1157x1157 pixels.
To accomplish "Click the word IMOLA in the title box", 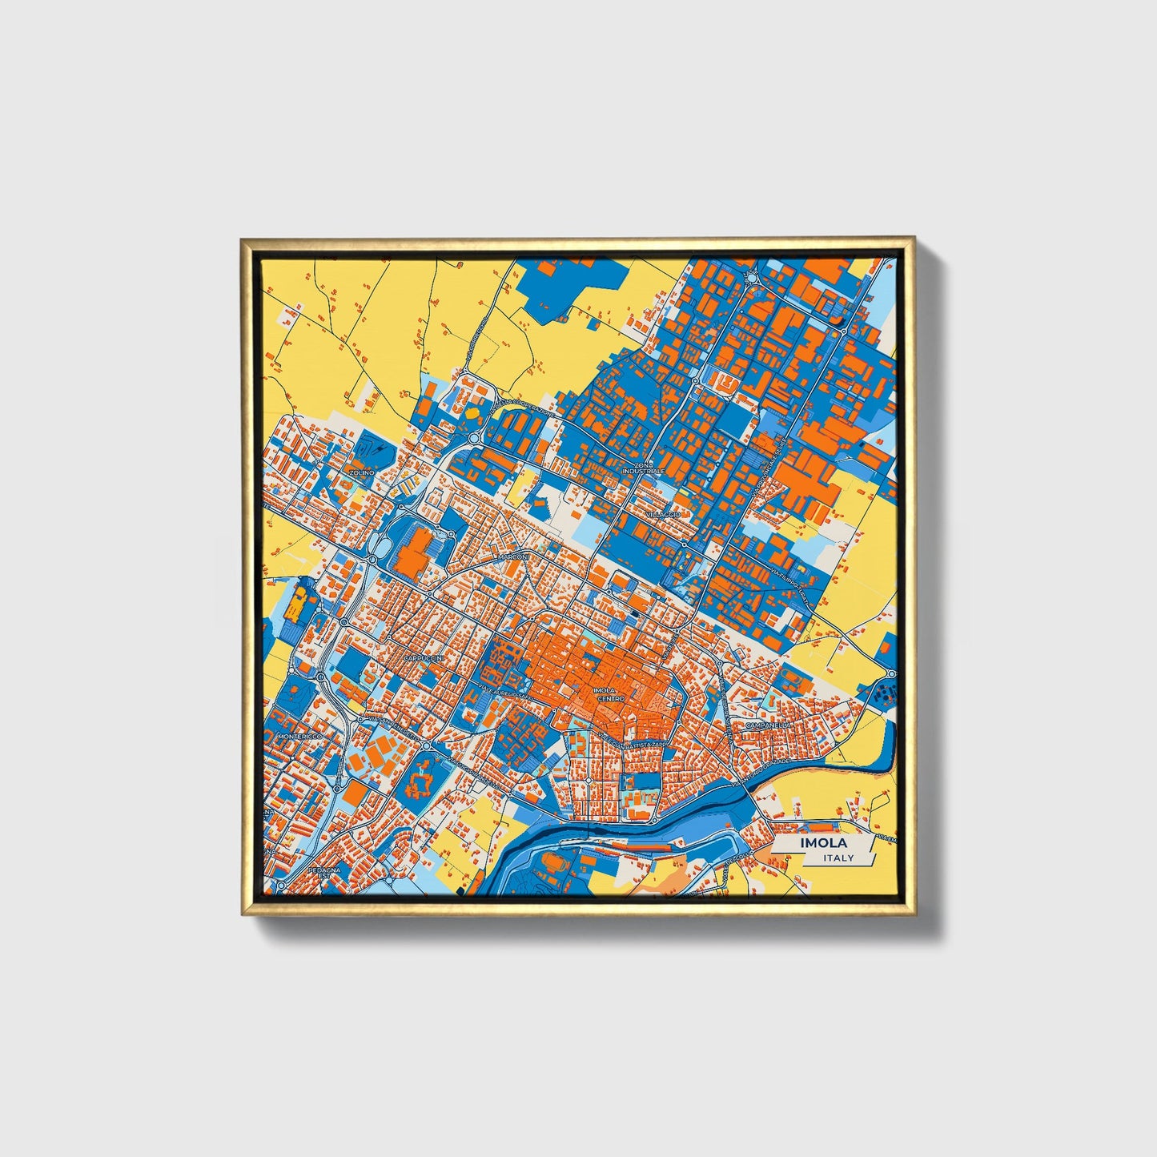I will tap(821, 844).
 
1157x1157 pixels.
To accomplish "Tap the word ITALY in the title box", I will tap(838, 858).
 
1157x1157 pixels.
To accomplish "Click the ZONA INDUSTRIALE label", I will tap(649, 468).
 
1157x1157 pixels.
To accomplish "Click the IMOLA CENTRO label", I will tap(610, 694).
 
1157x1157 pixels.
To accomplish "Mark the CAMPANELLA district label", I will tap(767, 725).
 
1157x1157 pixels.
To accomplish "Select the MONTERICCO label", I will tap(299, 736).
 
